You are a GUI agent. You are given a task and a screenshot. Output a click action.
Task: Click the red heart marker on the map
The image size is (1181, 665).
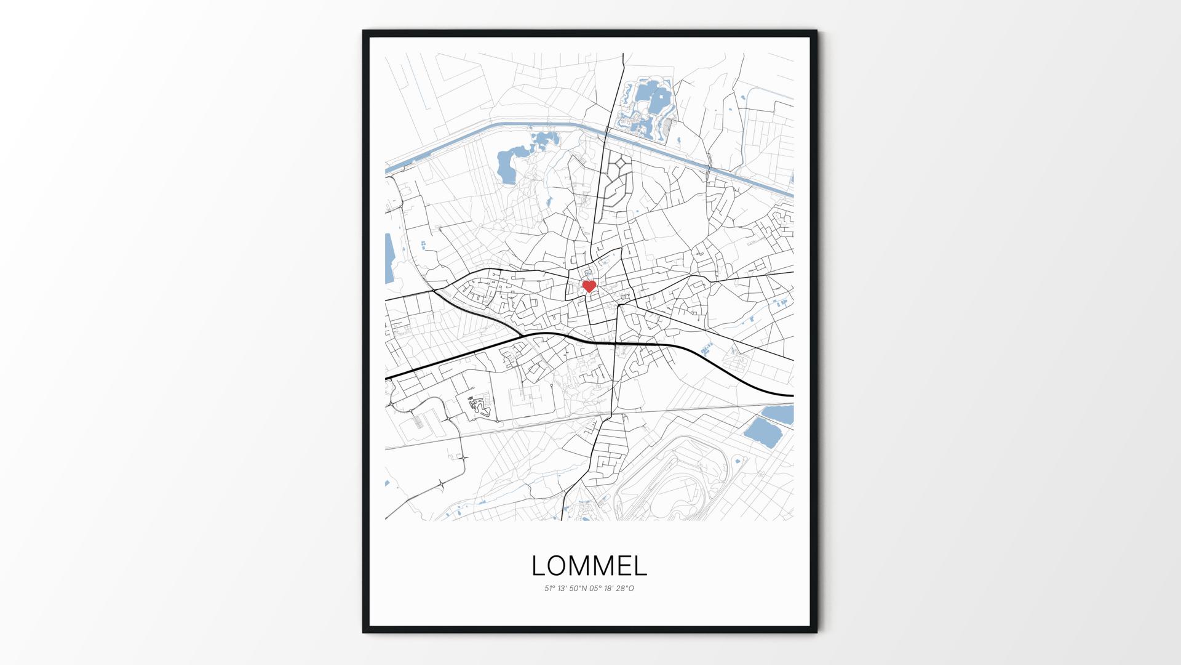point(589,286)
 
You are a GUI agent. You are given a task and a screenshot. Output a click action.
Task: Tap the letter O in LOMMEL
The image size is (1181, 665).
point(557,566)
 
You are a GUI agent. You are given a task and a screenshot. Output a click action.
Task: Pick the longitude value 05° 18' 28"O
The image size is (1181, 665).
point(612,589)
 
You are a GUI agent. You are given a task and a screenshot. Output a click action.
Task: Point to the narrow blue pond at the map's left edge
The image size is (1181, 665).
point(389,259)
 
